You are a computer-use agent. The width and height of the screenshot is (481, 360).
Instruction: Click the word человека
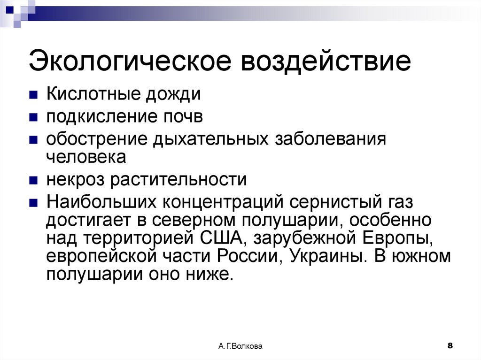[86, 156]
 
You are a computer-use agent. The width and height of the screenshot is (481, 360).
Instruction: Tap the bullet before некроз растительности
[33, 180]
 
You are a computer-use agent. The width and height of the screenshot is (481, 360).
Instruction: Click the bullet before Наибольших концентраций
[33, 203]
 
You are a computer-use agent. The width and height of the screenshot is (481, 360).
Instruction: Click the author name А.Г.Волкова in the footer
[240, 346]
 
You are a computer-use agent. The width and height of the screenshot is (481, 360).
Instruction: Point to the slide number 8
[450, 346]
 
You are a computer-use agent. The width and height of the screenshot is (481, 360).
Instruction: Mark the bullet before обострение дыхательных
[33, 140]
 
